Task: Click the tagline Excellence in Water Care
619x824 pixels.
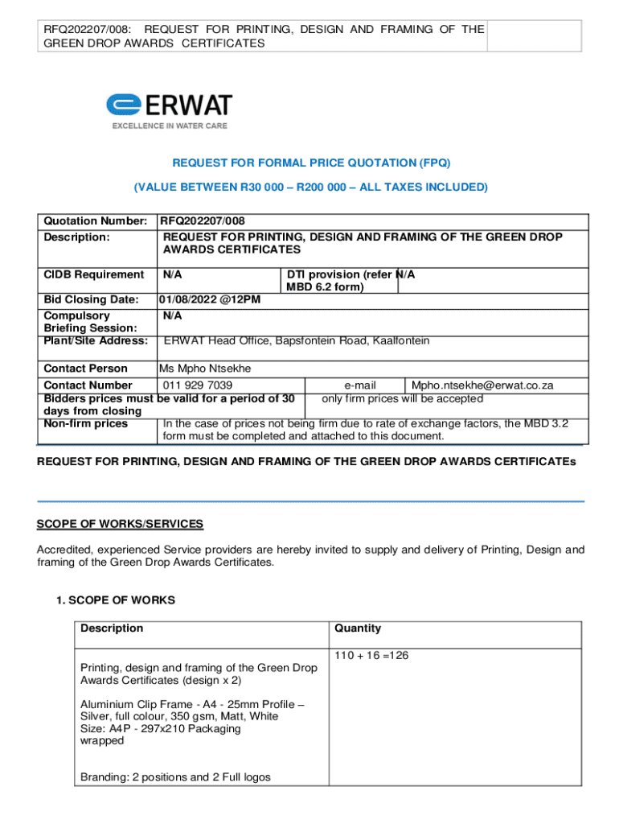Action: click(x=169, y=126)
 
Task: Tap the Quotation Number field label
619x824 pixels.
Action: click(x=95, y=220)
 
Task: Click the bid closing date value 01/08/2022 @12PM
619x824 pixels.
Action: click(x=209, y=299)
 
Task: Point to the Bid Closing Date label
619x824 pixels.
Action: click(x=91, y=299)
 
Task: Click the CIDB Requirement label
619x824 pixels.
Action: click(x=93, y=274)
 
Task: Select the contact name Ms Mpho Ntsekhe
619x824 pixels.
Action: click(x=205, y=369)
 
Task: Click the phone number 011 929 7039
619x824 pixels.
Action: click(x=198, y=385)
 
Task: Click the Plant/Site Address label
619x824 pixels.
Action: click(x=95, y=340)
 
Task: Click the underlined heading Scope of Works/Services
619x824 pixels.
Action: click(x=120, y=524)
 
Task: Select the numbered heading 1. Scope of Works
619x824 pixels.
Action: click(x=116, y=599)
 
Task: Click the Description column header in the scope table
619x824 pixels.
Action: click(x=111, y=628)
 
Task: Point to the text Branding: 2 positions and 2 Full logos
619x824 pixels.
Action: click(x=175, y=777)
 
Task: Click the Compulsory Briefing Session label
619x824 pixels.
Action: click(x=89, y=322)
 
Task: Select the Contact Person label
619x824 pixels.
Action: click(x=85, y=369)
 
